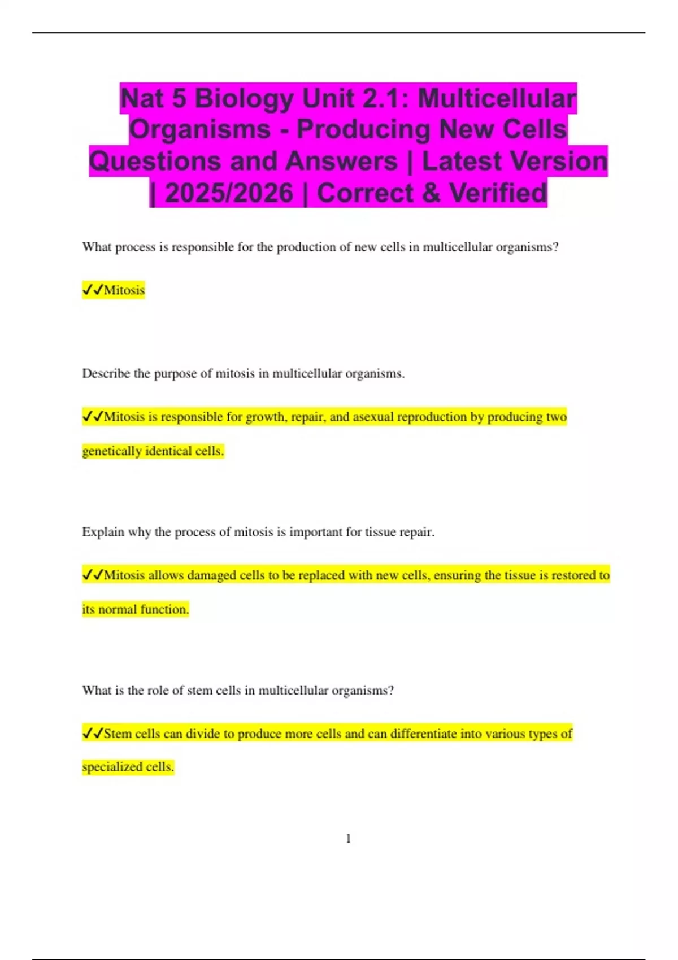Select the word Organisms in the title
[200, 130]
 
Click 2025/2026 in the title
[229, 193]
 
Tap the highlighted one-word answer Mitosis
[124, 290]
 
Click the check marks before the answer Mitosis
[93, 290]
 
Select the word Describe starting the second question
[106, 374]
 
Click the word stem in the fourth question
[197, 691]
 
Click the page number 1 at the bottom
[348, 839]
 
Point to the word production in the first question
[307, 247]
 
